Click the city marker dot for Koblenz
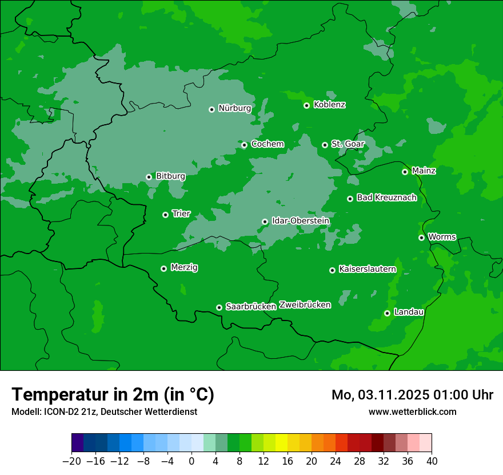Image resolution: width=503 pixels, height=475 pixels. coord(307,105)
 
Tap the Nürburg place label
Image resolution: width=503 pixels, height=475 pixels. coord(234,108)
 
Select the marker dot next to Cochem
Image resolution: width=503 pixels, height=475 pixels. coord(244,145)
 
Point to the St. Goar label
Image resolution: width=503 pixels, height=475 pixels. coord(348,144)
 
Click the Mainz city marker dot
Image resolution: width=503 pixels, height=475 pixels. coord(405,172)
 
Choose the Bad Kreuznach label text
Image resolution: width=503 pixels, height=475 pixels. coord(386,197)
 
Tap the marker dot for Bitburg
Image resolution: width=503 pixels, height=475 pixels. coord(149,177)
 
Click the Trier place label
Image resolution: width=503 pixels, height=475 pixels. coord(181,213)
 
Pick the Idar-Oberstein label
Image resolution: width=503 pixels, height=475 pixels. coord(301,220)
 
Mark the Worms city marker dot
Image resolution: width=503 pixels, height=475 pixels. coord(421,237)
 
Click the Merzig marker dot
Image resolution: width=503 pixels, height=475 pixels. coord(163,268)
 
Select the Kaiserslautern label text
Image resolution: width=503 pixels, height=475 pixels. coord(368,269)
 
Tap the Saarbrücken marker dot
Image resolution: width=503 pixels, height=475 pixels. coord(219,307)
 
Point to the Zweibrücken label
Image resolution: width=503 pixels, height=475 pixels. coord(305,305)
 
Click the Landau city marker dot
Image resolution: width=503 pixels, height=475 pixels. coord(387,313)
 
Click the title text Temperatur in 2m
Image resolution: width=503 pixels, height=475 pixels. coord(113,394)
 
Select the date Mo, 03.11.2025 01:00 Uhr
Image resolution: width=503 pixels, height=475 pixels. coord(412,395)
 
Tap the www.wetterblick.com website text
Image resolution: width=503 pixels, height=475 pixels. coord(412,411)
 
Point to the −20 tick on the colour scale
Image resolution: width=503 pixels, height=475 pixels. coord(71,461)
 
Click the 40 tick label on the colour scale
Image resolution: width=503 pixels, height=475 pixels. coord(432,461)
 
